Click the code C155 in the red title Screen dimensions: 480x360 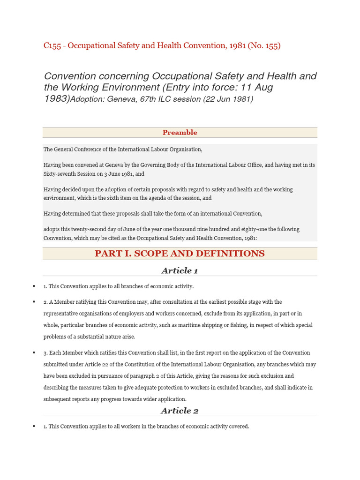tap(52, 46)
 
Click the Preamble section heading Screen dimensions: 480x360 tap(180, 133)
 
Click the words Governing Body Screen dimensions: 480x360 tap(161, 165)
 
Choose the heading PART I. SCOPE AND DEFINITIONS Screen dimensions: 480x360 tap(180, 254)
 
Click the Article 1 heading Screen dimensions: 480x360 tap(180, 270)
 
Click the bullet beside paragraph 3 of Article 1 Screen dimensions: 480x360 tap(34, 352)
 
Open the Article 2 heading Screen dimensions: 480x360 tap(180, 411)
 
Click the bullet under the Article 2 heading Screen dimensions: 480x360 tap(34, 427)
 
